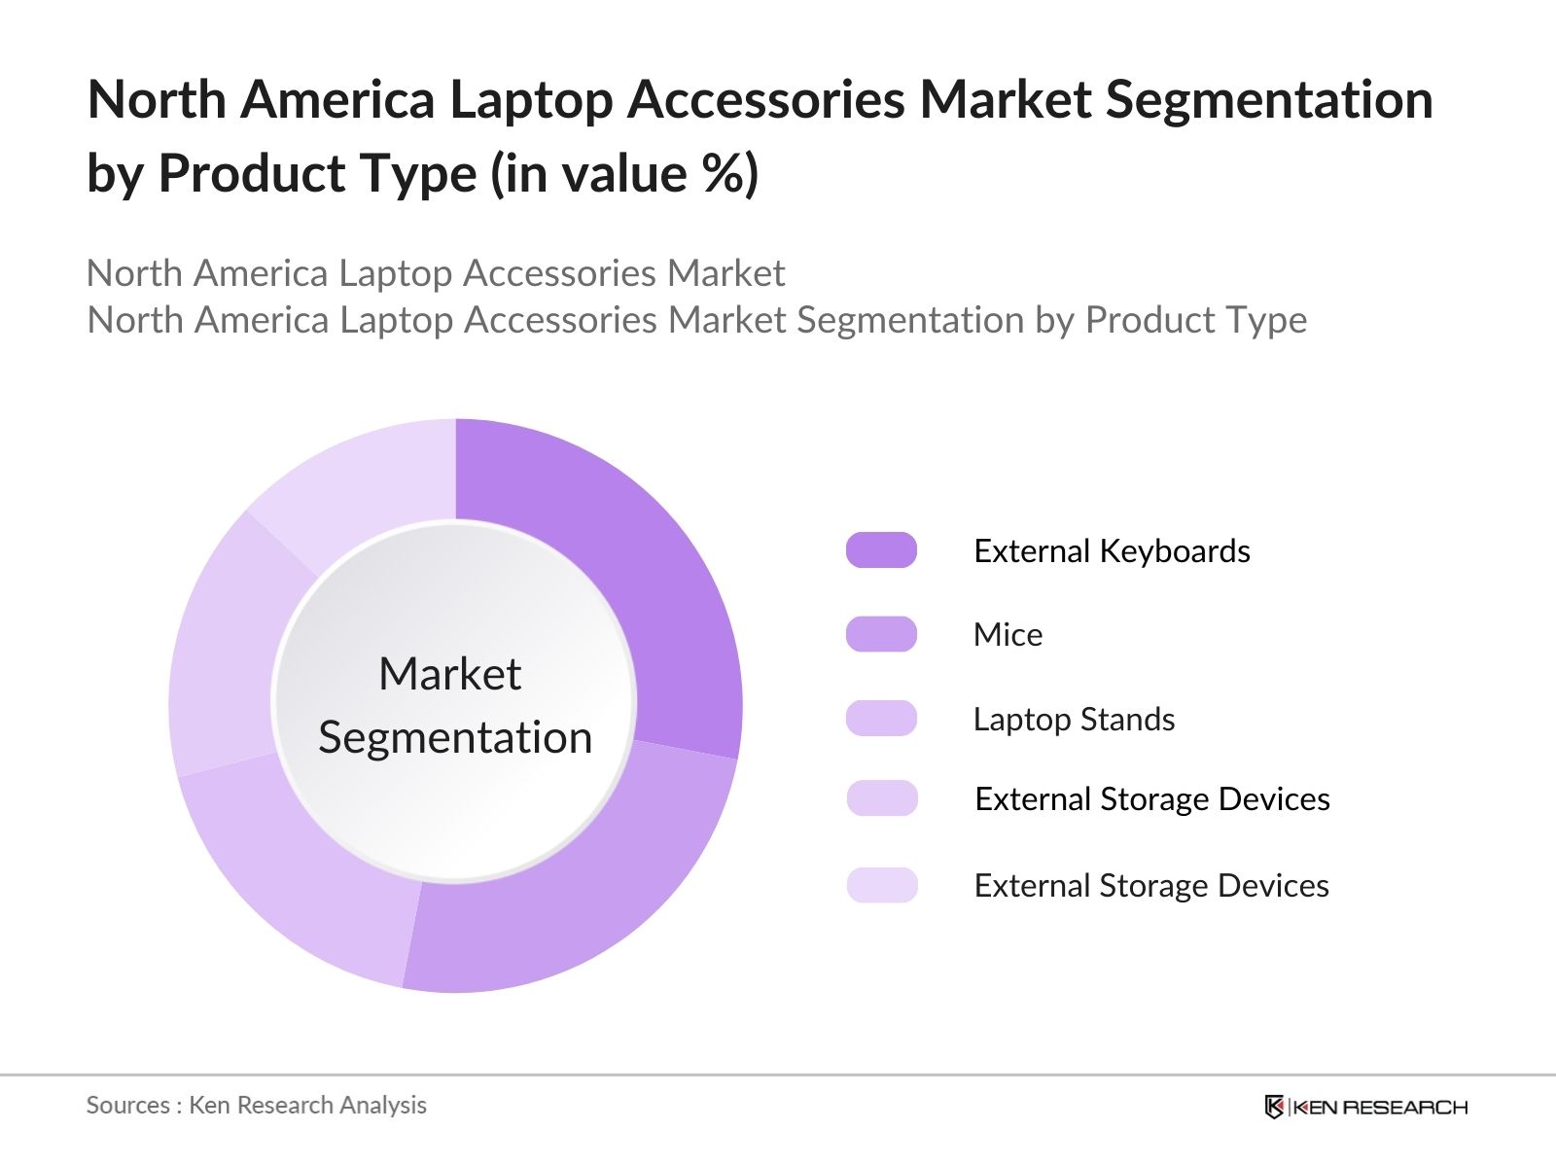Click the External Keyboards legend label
(1112, 551)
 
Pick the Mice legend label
(1008, 635)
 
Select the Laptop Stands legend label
(1074, 720)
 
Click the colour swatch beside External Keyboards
(881, 550)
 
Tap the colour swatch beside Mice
(881, 634)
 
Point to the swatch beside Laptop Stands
(881, 719)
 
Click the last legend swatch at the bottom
(881, 885)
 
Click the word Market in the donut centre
(449, 674)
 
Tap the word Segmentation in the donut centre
(455, 737)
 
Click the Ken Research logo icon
(1274, 1107)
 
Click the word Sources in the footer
(127, 1106)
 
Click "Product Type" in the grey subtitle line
(1195, 320)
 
